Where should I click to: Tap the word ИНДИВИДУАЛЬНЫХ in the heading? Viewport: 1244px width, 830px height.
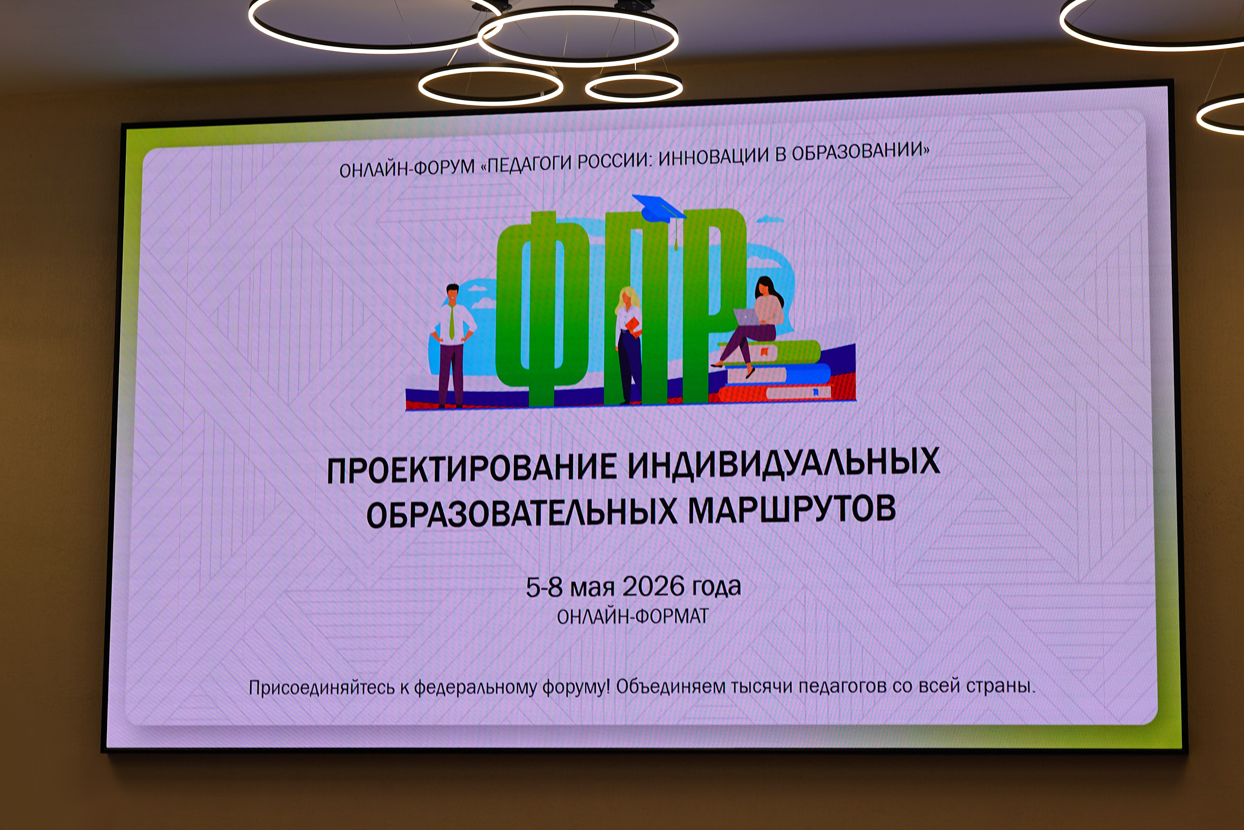click(x=784, y=460)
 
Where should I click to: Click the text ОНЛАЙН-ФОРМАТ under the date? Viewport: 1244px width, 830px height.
click(x=633, y=616)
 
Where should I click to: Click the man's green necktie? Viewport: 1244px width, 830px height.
click(x=451, y=323)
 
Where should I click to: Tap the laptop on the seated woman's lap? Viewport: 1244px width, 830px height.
click(x=745, y=317)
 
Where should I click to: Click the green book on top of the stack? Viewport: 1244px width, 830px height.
click(x=770, y=351)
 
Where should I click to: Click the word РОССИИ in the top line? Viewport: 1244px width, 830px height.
click(x=612, y=160)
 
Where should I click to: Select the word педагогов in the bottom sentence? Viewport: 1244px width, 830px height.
click(x=843, y=687)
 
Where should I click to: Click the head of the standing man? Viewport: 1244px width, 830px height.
click(x=452, y=294)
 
